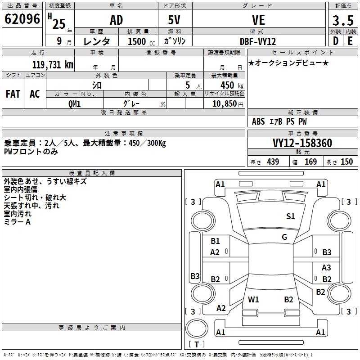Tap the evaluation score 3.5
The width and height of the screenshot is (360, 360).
tap(342, 20)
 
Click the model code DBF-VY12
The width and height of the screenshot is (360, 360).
tap(258, 41)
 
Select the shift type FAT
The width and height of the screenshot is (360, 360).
tap(13, 94)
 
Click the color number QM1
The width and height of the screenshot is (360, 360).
tap(75, 103)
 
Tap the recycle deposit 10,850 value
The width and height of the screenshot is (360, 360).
tap(224, 103)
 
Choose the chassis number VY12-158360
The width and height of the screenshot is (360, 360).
tap(302, 143)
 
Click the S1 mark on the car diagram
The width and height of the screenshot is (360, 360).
tap(291, 216)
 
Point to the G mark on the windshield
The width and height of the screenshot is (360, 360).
tap(284, 237)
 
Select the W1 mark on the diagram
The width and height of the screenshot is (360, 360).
tap(254, 299)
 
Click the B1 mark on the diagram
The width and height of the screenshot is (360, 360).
tap(215, 241)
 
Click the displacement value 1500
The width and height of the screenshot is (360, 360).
tap(137, 41)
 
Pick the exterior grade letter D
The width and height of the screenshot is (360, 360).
tap(336, 41)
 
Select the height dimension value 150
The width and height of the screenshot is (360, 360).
tap(346, 162)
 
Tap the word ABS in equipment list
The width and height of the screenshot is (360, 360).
tap(258, 121)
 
